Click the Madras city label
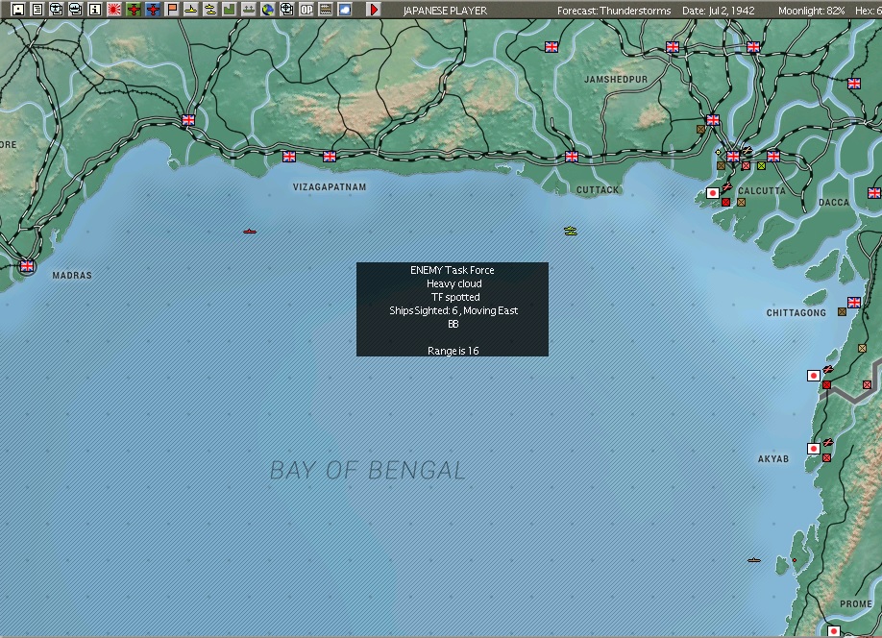point(72,276)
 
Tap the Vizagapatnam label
point(330,187)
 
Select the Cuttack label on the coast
point(598,190)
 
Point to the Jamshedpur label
point(616,78)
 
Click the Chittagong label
point(796,313)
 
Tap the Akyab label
point(772,459)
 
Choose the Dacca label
point(834,203)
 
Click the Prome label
point(856,604)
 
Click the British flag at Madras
point(27,266)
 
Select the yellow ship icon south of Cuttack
point(571,231)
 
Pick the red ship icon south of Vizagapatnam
point(250,232)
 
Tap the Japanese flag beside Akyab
point(813,449)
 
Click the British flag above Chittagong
point(853,302)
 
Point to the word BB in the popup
point(453,324)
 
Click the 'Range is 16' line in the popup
point(453,351)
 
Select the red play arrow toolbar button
point(374,10)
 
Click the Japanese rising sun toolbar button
point(113,10)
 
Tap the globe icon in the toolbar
point(268,10)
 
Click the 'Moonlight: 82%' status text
point(812,11)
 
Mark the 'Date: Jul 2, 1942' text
point(720,11)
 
